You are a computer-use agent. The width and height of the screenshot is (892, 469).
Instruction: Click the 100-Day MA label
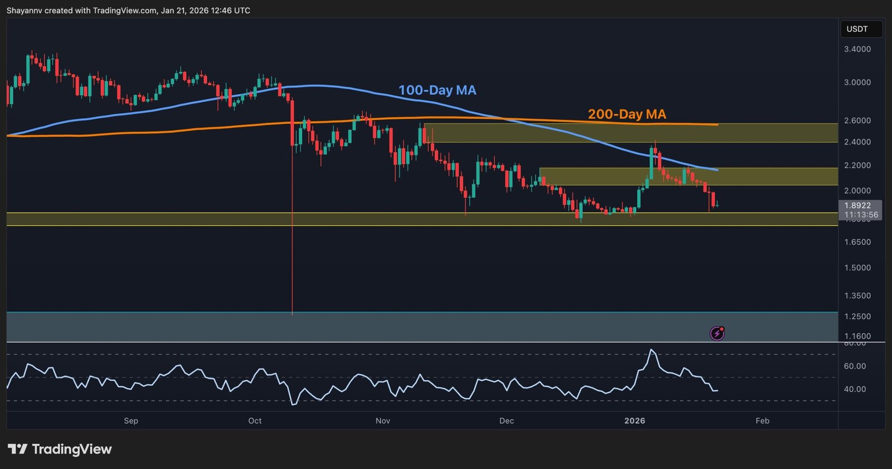[x=437, y=90]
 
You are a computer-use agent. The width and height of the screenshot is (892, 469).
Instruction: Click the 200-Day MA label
[x=627, y=114]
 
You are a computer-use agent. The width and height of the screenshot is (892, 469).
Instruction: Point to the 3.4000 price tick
[x=857, y=49]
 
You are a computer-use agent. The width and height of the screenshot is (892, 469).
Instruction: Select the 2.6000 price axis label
[x=857, y=120]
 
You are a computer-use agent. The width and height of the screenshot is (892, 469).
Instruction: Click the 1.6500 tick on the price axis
[x=857, y=242]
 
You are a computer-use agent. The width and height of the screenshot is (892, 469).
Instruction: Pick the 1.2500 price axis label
[x=857, y=316]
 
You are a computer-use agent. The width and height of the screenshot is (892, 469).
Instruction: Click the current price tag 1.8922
[x=857, y=206]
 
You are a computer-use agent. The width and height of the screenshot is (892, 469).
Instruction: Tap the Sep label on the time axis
[x=131, y=420]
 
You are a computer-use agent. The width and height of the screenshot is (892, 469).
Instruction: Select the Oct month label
[x=255, y=420]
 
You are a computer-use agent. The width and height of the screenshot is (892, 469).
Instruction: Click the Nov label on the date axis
[x=383, y=420]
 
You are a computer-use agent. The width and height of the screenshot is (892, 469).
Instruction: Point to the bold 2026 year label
[x=634, y=420]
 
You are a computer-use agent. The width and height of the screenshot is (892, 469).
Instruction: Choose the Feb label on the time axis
[x=762, y=420]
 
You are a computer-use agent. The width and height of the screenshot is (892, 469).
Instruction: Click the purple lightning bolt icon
[x=717, y=333]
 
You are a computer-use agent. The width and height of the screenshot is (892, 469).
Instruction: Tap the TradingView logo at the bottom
[x=60, y=449]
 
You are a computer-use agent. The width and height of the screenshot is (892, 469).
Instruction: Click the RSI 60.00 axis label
[x=855, y=366]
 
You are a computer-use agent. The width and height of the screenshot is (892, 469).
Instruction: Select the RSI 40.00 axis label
[x=855, y=389]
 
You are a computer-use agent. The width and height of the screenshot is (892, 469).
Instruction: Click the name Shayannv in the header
[x=25, y=11]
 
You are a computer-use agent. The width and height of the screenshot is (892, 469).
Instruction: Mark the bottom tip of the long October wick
[x=292, y=315]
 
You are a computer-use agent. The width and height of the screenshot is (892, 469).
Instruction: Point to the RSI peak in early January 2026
[x=652, y=350]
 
